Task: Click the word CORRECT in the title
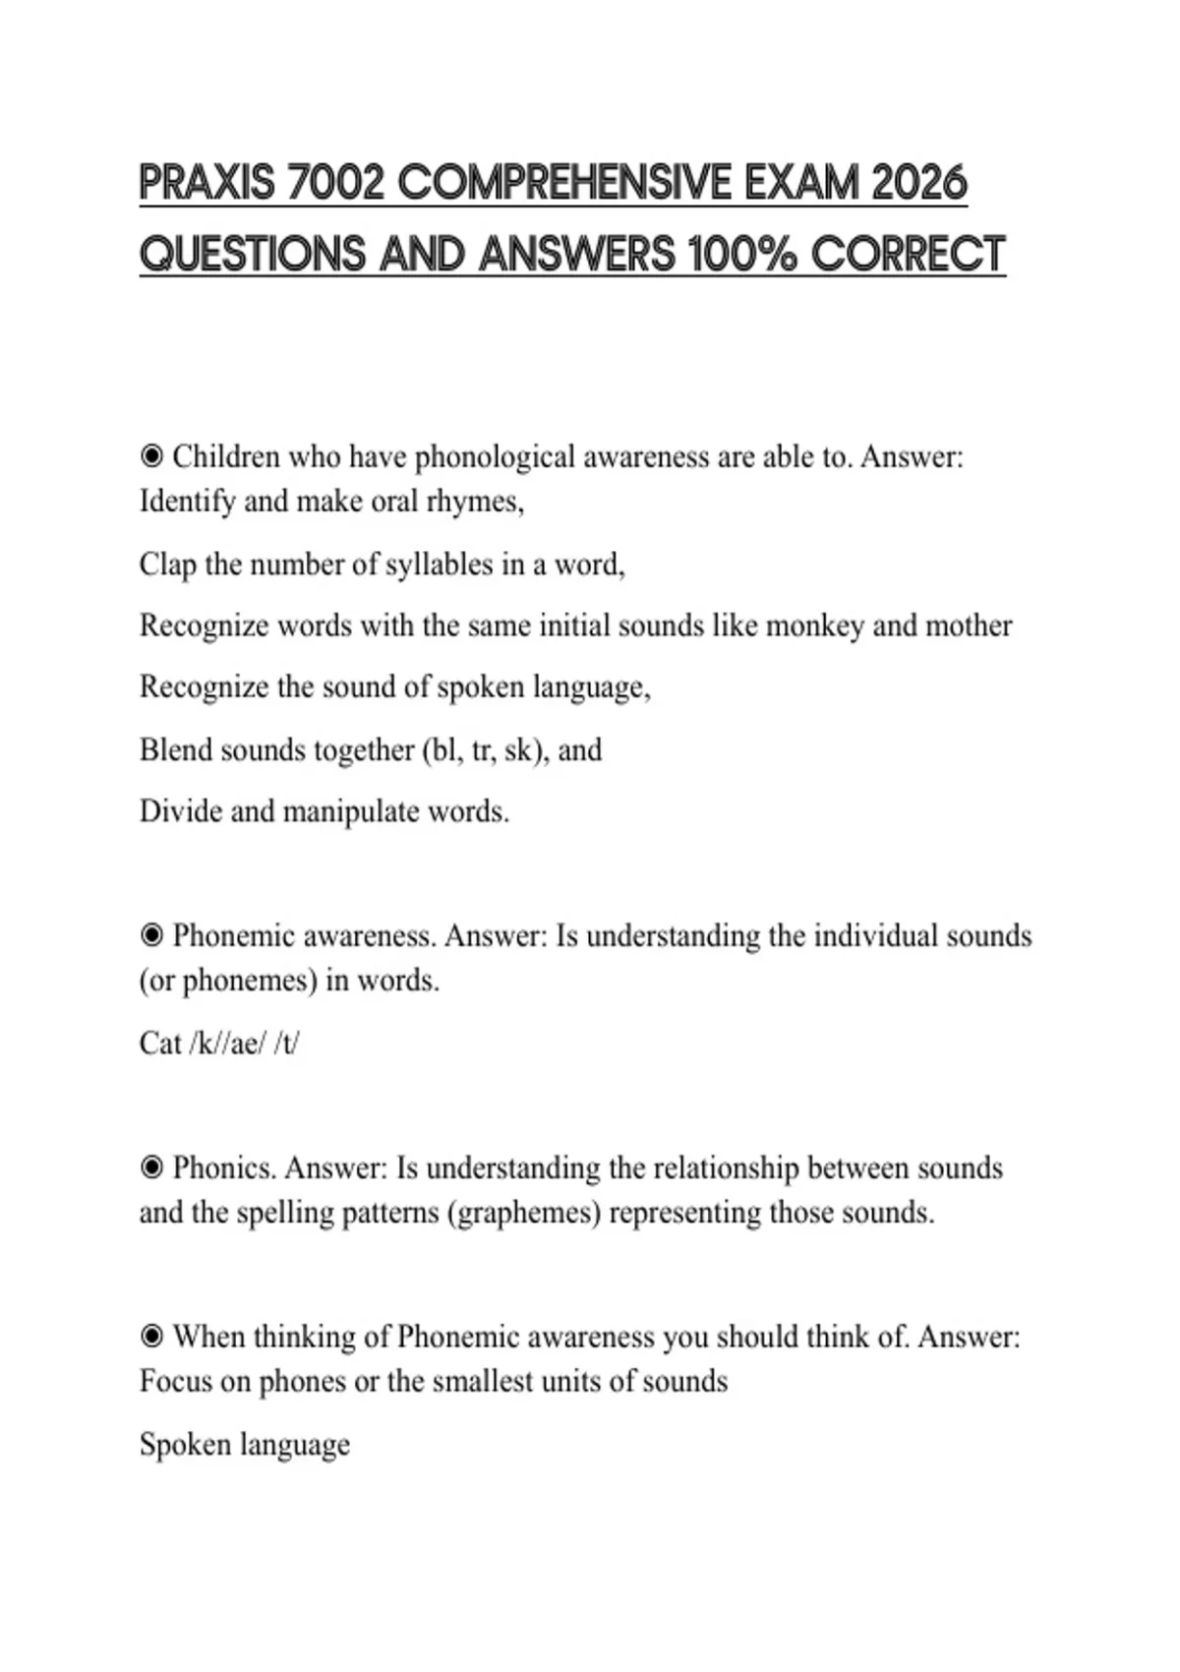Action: point(909,254)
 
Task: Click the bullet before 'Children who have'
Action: point(151,456)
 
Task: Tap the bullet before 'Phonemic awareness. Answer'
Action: point(151,935)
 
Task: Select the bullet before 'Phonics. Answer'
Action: point(151,1168)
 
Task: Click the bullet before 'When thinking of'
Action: point(151,1337)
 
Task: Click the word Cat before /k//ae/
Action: point(160,1043)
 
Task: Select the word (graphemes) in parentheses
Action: point(523,1213)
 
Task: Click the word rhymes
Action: point(475,502)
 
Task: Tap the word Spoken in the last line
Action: point(182,1445)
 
